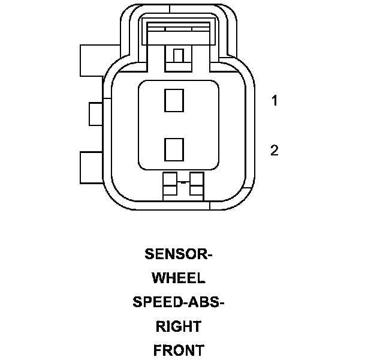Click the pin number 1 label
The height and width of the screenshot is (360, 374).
[275, 101]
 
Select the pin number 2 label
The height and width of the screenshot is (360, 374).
[275, 150]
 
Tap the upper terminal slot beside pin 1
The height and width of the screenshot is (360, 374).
[174, 100]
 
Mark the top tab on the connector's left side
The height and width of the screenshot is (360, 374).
[91, 60]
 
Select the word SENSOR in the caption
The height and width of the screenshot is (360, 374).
[176, 254]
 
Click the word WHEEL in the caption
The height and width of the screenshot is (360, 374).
[179, 278]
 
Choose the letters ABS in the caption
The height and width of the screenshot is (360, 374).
[204, 302]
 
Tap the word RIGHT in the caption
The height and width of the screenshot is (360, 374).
[179, 327]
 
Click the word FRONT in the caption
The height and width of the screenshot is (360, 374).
[179, 351]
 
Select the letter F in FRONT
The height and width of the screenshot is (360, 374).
[158, 351]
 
